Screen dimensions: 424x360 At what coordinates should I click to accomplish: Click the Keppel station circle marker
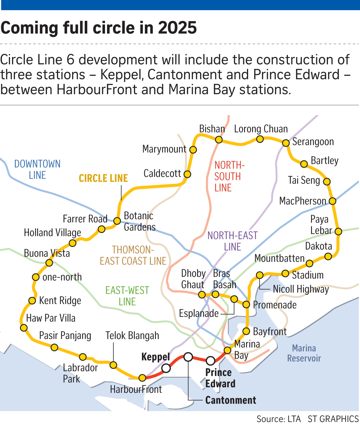coord(166,368)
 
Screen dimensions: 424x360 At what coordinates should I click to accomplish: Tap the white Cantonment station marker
coord(188,357)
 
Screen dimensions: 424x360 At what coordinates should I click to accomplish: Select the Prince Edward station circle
coord(210,361)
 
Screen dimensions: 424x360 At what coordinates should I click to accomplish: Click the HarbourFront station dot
coord(142,378)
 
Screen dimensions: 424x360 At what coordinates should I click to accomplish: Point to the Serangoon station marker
coord(286,143)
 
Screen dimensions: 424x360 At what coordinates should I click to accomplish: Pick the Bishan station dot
coord(219,139)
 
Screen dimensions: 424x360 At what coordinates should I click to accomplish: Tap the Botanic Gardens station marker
coord(117,221)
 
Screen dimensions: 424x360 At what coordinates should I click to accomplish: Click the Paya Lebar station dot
coord(338,231)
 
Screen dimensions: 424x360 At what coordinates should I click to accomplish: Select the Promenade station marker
coord(246,304)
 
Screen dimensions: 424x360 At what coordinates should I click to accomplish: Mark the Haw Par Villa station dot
coord(24,328)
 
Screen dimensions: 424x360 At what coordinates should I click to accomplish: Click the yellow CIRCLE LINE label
coord(103,178)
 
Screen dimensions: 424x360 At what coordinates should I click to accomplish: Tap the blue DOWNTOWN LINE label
coord(37,169)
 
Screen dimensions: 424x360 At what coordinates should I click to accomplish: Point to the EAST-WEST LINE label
coord(127,296)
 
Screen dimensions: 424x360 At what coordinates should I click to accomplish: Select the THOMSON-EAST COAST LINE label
coord(133,255)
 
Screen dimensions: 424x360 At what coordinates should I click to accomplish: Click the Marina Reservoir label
coord(304,353)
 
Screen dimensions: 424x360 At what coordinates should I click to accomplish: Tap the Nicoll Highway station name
coord(301,289)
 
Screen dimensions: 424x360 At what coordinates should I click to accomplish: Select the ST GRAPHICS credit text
coord(333,419)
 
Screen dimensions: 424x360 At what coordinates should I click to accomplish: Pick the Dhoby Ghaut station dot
coord(202,295)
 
